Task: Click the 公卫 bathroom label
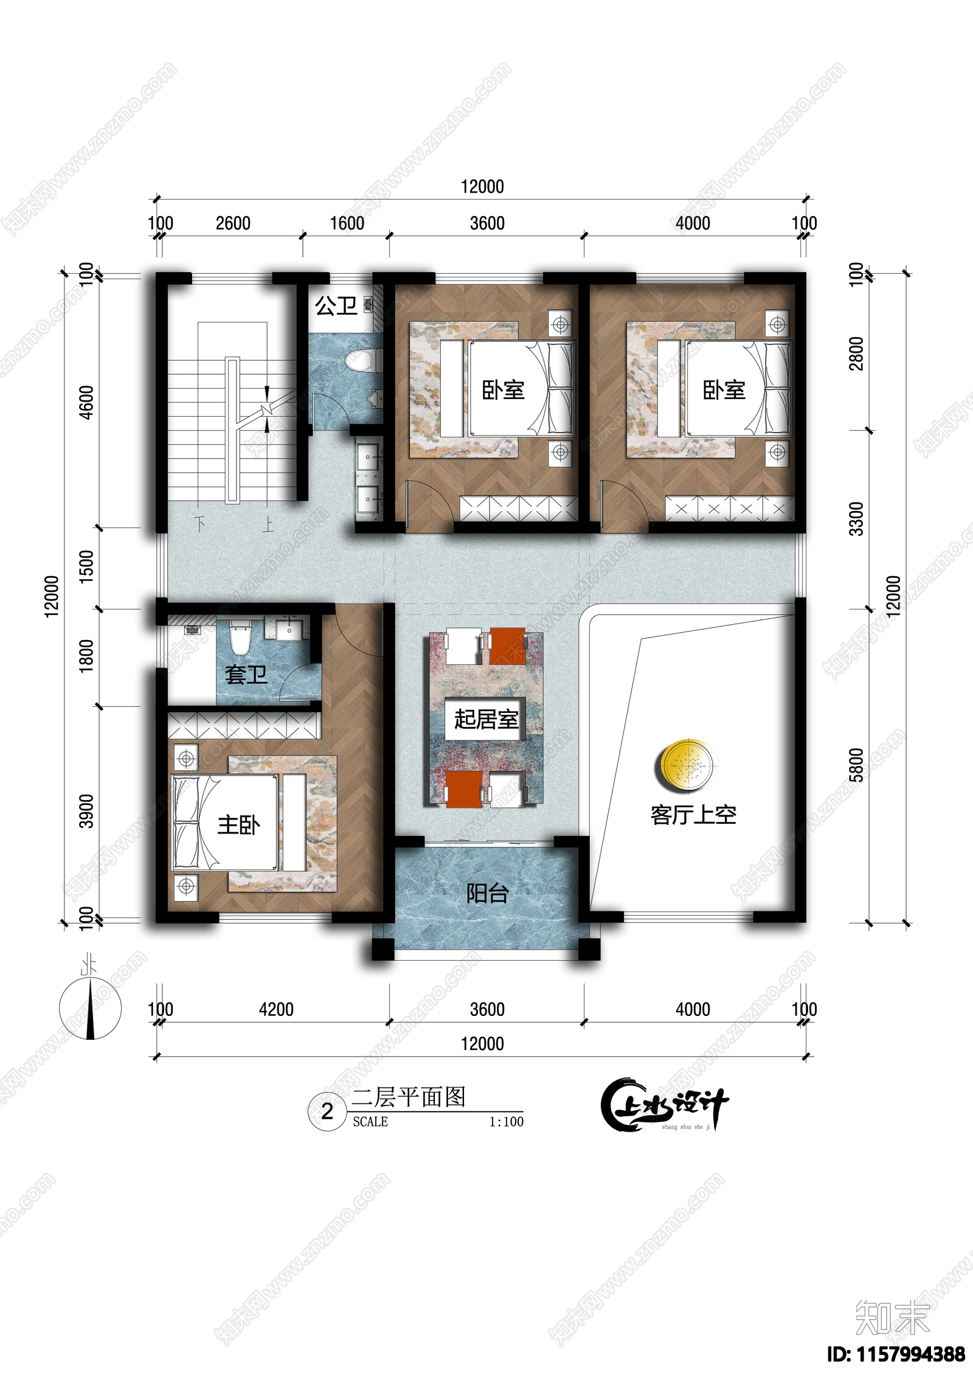click(336, 305)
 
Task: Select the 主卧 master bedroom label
click(238, 826)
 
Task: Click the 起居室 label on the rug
click(485, 719)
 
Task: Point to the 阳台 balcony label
click(487, 893)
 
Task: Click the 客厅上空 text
click(693, 815)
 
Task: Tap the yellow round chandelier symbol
click(686, 765)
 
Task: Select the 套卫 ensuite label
click(246, 674)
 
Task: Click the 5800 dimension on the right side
click(856, 765)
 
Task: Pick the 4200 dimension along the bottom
click(276, 1010)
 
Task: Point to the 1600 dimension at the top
click(347, 224)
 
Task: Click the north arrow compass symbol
click(91, 1008)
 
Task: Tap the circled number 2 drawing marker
click(327, 1112)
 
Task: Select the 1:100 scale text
click(506, 1122)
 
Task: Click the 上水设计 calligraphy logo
click(664, 1105)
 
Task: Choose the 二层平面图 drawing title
click(409, 1097)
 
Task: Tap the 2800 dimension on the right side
click(856, 353)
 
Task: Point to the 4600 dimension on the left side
click(87, 402)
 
